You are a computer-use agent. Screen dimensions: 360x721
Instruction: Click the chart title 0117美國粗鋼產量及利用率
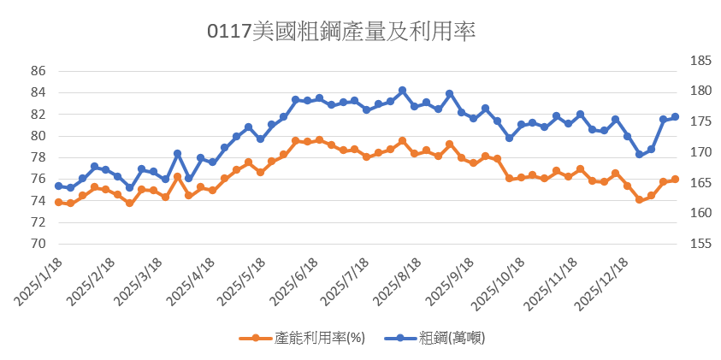341,32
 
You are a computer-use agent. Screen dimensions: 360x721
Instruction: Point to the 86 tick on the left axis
37,71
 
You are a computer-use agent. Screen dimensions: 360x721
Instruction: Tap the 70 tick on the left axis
37,244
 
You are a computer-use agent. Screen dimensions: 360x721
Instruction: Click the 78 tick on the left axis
37,157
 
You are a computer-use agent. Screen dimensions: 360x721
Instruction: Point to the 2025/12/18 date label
604,285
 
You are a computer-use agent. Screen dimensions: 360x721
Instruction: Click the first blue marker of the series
58,186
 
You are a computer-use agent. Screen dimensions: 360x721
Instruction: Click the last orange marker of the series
675,179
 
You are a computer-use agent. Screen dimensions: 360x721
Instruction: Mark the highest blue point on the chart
402,90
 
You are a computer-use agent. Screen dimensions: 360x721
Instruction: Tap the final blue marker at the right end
675,116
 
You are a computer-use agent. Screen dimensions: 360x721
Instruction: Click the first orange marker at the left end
58,202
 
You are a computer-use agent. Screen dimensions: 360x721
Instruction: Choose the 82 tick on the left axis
37,115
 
